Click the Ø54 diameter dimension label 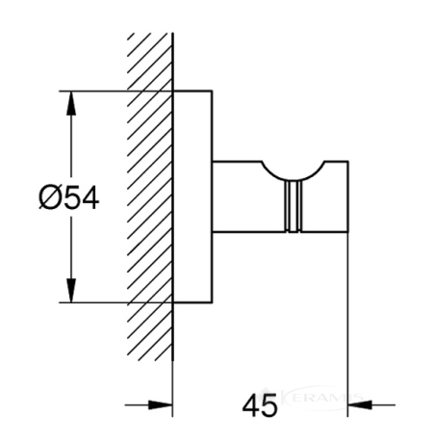69,198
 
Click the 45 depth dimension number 260,405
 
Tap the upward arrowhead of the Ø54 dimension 71,103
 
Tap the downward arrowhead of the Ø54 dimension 71,291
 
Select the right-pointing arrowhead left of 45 161,404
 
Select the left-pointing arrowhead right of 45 360,404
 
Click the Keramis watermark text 320,399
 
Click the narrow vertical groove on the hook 294,206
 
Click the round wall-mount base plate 192,196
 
